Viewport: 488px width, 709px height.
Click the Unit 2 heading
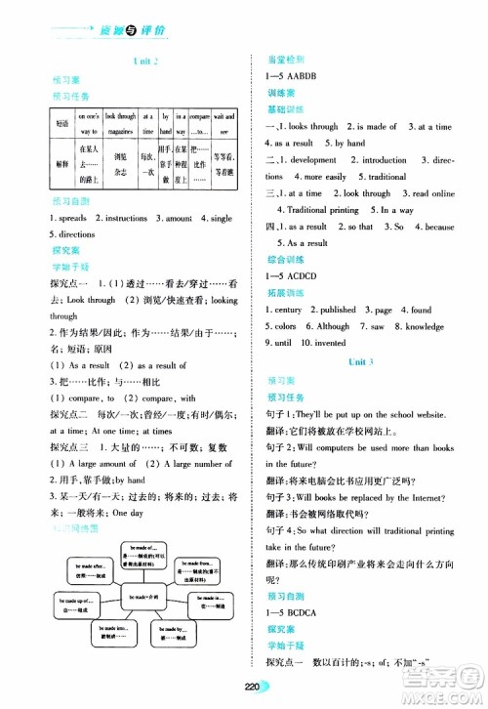tap(143, 62)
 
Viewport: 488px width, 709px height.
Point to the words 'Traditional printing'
tap(319, 210)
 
